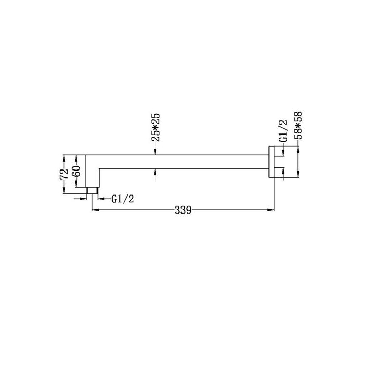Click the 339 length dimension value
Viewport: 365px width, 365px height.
pos(183,210)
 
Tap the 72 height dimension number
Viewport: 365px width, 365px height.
pos(64,173)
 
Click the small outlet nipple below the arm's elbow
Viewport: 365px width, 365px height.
pos(92,191)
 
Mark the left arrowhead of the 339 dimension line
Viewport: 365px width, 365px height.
pos(94,210)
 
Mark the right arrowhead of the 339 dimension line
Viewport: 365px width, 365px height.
pos(272,210)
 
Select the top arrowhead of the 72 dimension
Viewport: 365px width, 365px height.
pos(64,156)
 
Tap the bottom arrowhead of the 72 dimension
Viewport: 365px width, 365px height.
pos(64,192)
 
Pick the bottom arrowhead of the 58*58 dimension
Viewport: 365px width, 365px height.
pos(298,175)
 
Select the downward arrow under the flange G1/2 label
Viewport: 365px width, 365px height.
pos(283,153)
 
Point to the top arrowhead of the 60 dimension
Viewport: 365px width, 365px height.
pos(76,156)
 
